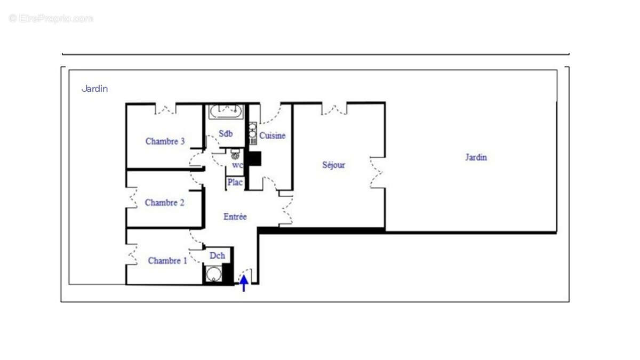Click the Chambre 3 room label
pos(165,141)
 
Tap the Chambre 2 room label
pos(165,203)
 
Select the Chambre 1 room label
pos(167,261)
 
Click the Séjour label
pos(333,165)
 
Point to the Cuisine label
pos(273,136)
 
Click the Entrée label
pos(235,217)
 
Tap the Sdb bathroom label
pos(226,134)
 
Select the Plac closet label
pos(235,182)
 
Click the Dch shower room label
pos(217,256)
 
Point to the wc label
pos(237,165)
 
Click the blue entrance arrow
pos(244,283)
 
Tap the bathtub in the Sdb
pos(226,113)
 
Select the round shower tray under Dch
pos(214,274)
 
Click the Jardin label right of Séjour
pos(476,157)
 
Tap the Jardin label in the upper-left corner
pos(94,89)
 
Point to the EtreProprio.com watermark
pos(51,19)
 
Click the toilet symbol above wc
pos(235,156)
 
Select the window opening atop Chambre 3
pos(165,109)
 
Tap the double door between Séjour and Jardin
pos(377,172)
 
